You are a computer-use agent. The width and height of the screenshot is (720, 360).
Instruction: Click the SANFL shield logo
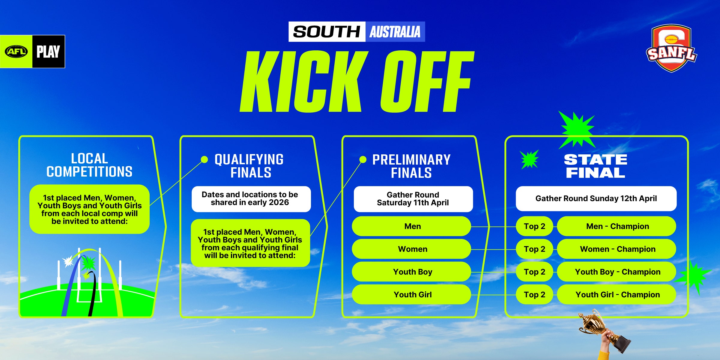coord(671,48)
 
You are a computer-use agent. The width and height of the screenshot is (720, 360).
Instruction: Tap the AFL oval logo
coord(16,52)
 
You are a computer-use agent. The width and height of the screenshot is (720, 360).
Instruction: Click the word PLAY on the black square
coord(48,52)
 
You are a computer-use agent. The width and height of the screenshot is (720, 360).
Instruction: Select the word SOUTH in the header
coord(327,32)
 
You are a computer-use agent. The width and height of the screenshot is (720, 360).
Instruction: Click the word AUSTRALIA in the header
coord(395,32)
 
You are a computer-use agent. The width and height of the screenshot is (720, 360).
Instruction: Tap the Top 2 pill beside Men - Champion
coord(534,226)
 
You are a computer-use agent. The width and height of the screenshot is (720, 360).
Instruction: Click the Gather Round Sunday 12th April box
coord(596,199)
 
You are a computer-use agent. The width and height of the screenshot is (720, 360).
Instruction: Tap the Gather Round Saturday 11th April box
coord(413,199)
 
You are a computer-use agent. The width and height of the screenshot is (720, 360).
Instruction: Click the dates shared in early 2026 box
coord(251,199)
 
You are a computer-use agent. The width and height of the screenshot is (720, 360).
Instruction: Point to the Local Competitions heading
coord(89,165)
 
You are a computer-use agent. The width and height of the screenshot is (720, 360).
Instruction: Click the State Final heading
coord(596,166)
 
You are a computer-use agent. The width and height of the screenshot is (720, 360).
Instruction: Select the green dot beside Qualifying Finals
coord(204,159)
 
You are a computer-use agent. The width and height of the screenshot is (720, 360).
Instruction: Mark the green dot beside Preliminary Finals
coord(363,159)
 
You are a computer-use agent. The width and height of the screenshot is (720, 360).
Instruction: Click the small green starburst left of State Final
coord(529,159)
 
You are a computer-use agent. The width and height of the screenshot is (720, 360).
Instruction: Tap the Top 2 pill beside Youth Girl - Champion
coord(534,295)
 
